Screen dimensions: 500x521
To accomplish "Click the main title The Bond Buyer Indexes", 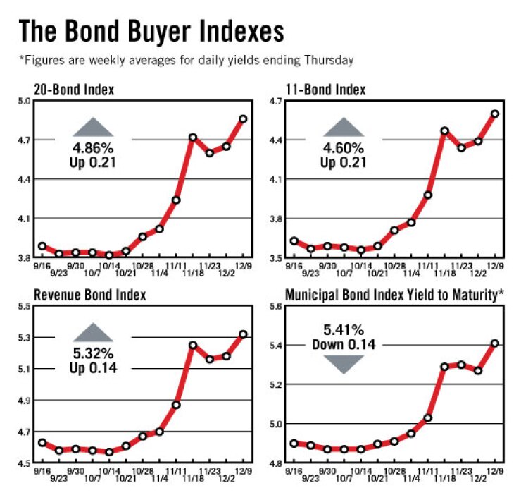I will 151,32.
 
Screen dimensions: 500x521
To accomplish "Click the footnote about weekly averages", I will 186,61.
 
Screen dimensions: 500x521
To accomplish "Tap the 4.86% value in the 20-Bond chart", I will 94,149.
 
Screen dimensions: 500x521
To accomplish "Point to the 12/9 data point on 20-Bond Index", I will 243,118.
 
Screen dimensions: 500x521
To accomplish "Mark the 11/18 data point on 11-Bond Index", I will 444,131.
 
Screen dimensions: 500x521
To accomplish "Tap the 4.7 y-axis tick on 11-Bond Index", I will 275,101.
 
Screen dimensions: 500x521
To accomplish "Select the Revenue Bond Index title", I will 89,295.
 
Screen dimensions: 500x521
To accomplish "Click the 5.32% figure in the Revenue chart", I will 94,355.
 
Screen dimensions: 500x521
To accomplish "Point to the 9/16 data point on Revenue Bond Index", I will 42,443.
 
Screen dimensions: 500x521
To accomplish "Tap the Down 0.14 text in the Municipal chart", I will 344,345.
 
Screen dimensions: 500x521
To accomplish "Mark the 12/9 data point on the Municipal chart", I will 495,343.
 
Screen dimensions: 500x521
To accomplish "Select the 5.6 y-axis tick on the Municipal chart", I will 275,306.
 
